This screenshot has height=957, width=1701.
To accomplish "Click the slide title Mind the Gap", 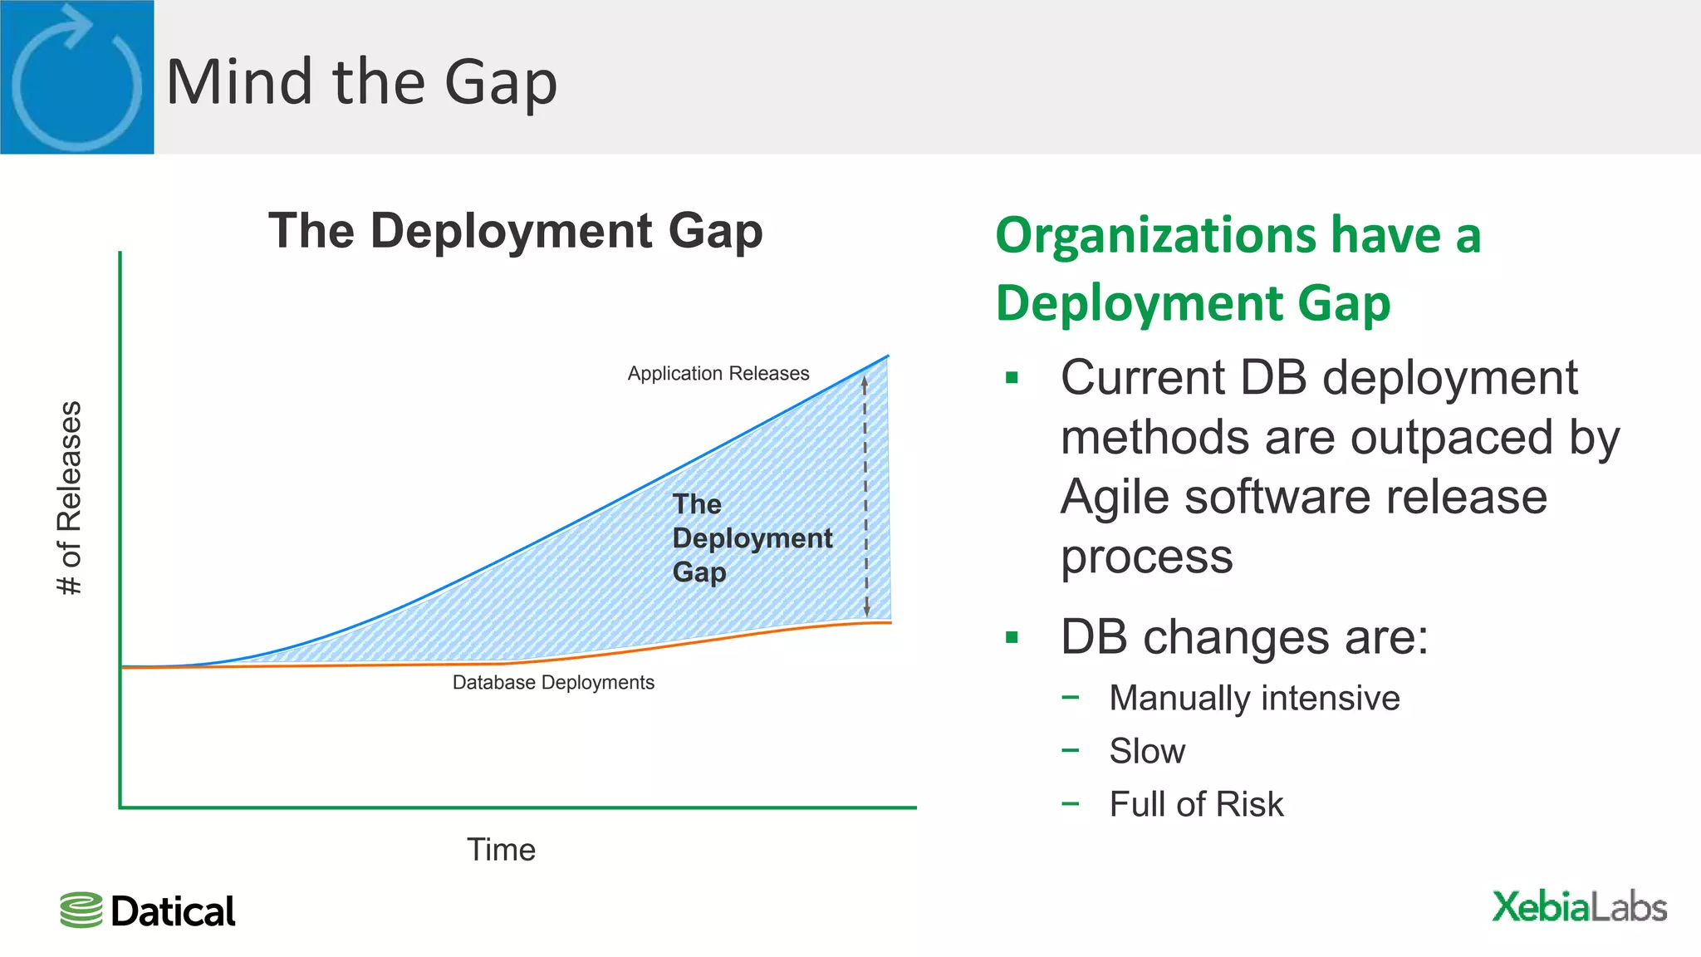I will coord(361,83).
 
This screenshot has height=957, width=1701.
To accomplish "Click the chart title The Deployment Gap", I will coord(515,231).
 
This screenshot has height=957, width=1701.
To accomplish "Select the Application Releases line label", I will coord(718,374).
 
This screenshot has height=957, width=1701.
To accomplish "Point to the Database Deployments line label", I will coord(553,683).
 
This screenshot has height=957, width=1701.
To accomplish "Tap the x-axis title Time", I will coord(501,850).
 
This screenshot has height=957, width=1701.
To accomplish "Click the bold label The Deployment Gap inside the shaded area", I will coord(752,538).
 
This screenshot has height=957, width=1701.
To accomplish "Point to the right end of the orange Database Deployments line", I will coord(889,622).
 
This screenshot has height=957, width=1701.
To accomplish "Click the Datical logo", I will coord(148,911).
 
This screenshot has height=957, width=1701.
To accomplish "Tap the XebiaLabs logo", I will coord(1579,906).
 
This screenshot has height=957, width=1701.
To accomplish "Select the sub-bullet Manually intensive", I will coord(1254,698).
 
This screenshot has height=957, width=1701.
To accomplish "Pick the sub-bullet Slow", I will coord(1147,751).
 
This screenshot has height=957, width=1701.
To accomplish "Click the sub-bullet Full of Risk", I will coord(1196,804).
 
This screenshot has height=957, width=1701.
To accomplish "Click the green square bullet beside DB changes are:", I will coord(1012,638).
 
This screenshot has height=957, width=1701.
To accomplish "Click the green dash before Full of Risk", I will coord(1071,803).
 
